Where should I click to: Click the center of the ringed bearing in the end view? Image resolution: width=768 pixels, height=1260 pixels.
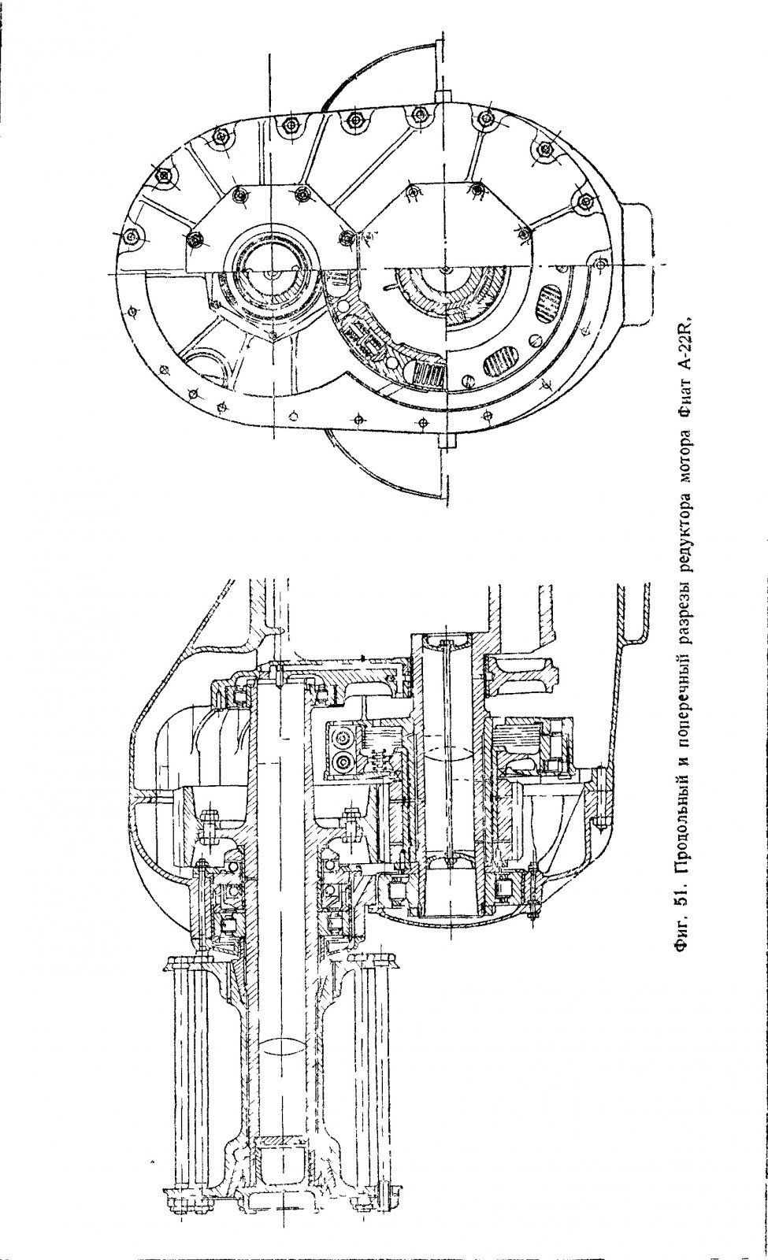click(x=270, y=272)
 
